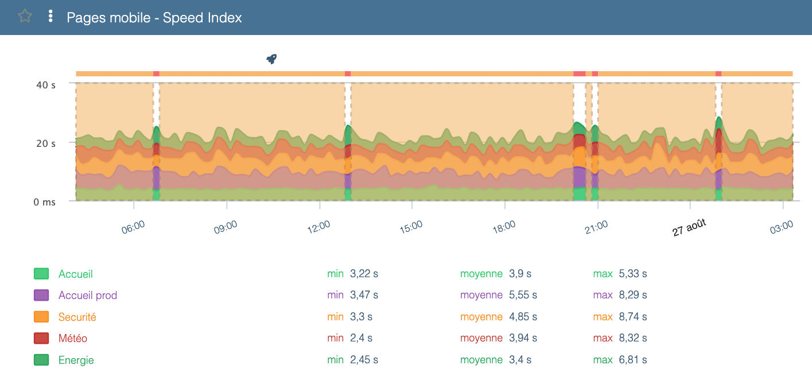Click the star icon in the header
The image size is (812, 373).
tap(25, 16)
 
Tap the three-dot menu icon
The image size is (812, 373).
tap(50, 16)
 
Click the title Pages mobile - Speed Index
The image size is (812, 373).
tap(154, 17)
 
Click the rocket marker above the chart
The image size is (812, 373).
tap(271, 59)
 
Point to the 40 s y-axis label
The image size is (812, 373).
tap(46, 85)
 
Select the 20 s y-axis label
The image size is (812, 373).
tap(46, 143)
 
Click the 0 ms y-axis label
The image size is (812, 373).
tap(44, 202)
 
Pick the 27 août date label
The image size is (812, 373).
tap(689, 227)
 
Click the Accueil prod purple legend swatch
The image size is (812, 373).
tap(41, 296)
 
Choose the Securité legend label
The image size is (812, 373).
tap(77, 317)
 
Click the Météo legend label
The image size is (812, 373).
tap(73, 339)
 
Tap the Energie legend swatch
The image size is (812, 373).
tap(41, 360)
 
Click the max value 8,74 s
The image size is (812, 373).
tap(633, 317)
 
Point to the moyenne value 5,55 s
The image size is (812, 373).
tap(523, 296)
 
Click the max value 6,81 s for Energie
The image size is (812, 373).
tap(633, 360)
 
